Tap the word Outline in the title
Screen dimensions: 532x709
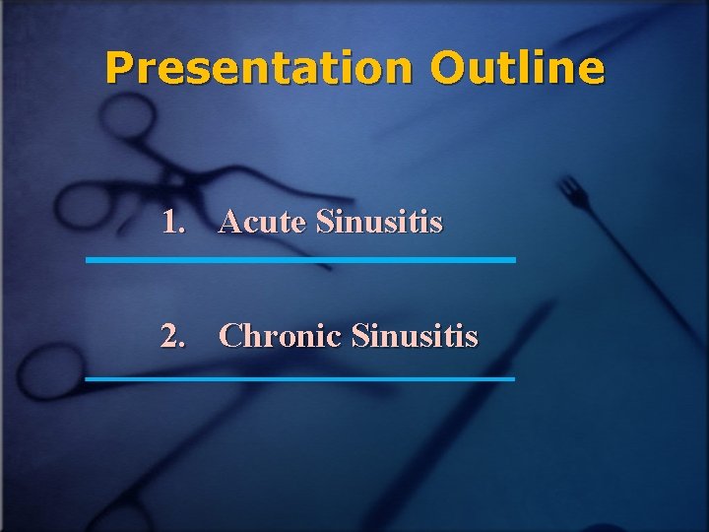point(517,68)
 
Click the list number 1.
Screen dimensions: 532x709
point(173,223)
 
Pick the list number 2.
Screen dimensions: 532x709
point(173,337)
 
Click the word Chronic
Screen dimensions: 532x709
point(281,337)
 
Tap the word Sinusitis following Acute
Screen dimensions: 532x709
point(379,223)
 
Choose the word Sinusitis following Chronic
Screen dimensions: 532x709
point(415,337)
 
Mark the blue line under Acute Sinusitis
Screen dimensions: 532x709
point(300,260)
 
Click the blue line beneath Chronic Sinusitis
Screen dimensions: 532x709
point(300,378)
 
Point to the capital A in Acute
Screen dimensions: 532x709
point(230,223)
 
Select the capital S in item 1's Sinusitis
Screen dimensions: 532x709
point(324,223)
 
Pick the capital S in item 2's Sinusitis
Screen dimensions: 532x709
point(359,337)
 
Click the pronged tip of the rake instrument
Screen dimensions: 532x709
point(571,189)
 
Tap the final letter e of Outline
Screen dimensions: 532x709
point(590,69)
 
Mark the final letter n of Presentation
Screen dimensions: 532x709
point(403,69)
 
